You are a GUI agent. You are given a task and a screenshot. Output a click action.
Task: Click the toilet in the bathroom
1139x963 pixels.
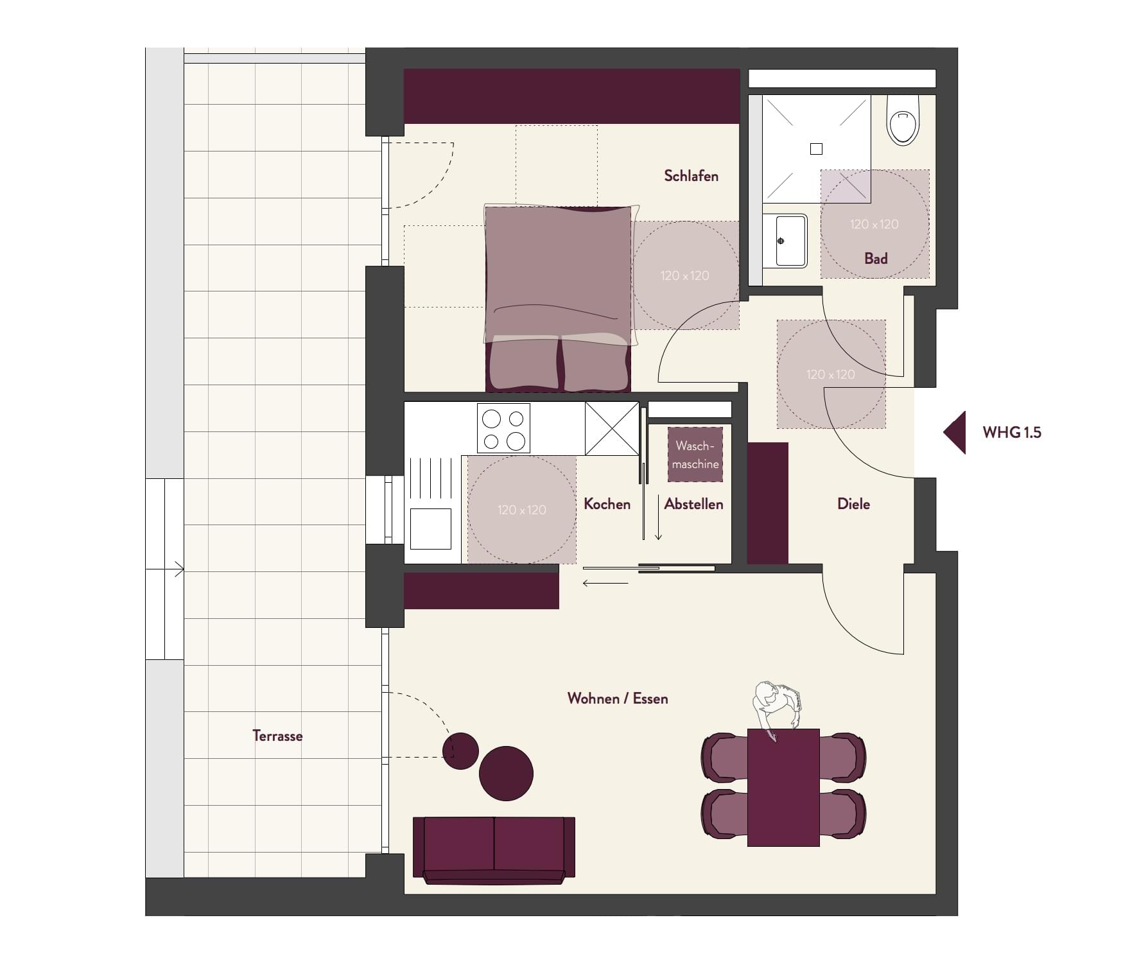[x=903, y=121]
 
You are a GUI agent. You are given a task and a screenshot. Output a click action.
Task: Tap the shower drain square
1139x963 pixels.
[x=816, y=149]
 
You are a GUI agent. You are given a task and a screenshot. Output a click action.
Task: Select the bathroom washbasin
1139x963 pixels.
[x=785, y=241]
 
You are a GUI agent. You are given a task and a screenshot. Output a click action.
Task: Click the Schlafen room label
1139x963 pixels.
[x=691, y=176]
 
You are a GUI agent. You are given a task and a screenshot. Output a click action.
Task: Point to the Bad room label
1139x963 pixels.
[x=876, y=259]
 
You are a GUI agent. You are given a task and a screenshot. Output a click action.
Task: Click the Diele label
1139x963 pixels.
[x=853, y=504]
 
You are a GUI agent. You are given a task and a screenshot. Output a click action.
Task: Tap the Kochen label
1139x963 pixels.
[x=607, y=504]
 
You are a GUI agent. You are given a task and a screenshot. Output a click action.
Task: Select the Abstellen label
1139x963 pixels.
[x=693, y=504]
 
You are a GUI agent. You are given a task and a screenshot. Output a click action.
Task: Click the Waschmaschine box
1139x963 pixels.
[x=695, y=455]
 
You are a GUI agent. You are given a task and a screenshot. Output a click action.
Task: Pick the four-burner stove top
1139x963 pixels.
[x=503, y=428]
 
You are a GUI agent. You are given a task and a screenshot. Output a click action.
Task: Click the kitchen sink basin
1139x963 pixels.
[x=430, y=528]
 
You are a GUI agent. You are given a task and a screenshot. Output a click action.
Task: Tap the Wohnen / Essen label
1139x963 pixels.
[x=618, y=698]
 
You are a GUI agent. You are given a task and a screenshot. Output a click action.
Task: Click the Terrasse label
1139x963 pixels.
[x=277, y=736]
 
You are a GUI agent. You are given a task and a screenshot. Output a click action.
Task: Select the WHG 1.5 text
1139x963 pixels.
[x=1012, y=433]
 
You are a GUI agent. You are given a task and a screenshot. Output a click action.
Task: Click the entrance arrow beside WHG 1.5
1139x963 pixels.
[x=955, y=433]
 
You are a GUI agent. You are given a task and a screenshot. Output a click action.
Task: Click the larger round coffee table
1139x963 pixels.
[x=506, y=774]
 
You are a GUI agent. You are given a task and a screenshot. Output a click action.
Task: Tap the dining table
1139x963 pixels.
[x=783, y=788]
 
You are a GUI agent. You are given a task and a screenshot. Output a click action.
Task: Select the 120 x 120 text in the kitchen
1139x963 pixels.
[x=521, y=510]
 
